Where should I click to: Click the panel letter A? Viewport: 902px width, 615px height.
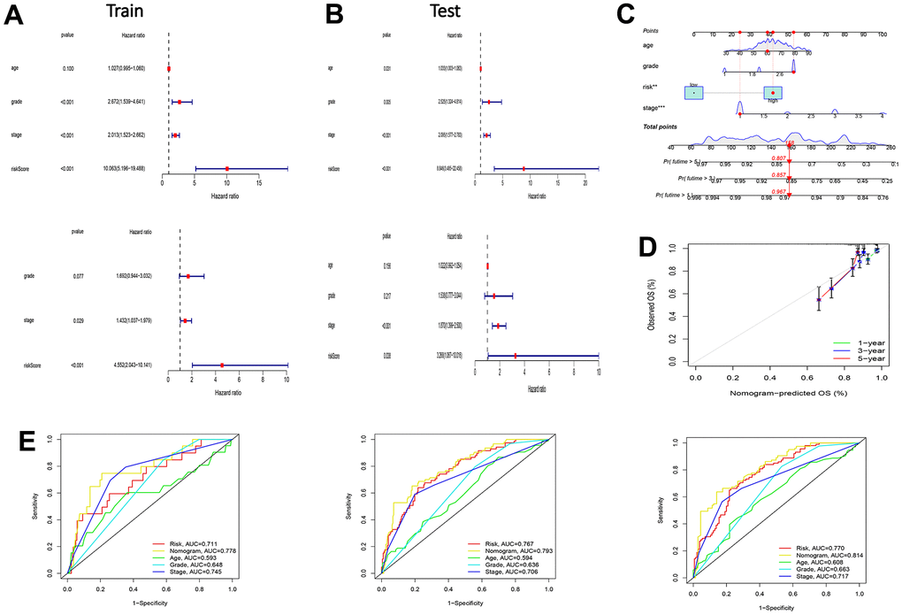click(x=15, y=19)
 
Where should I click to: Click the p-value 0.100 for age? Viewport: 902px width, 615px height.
click(x=68, y=68)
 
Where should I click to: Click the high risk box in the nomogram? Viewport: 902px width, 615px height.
click(x=773, y=93)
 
